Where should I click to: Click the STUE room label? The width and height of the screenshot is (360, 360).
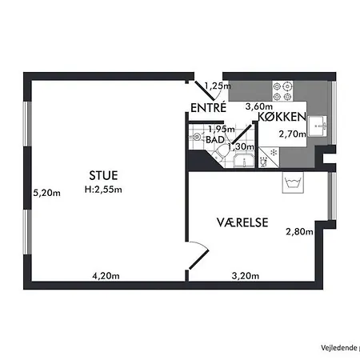click(103, 175)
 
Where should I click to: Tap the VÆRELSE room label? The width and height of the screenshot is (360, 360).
click(242, 222)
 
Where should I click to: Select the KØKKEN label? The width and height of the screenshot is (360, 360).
click(282, 117)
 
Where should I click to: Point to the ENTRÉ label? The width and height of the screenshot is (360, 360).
click(208, 108)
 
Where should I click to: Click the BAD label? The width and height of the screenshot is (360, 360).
click(215, 140)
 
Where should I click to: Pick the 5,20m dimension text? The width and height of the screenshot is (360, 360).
click(46, 193)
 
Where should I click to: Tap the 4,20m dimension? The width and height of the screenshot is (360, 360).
click(106, 276)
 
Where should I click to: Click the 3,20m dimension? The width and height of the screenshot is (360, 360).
click(246, 276)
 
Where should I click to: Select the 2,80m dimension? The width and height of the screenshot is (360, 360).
click(299, 231)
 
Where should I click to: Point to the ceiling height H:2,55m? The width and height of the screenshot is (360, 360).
click(103, 190)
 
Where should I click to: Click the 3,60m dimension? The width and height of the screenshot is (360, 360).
click(259, 106)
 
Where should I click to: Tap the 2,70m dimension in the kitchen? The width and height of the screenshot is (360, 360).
click(293, 134)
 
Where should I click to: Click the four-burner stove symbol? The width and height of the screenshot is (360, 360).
click(282, 91)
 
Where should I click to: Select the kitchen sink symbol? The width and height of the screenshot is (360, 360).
click(317, 126)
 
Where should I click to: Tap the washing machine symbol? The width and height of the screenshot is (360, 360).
click(293, 182)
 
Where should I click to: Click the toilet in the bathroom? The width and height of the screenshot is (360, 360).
click(221, 154)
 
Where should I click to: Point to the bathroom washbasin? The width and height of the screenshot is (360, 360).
click(244, 161)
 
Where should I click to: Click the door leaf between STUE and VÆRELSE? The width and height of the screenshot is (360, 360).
click(198, 259)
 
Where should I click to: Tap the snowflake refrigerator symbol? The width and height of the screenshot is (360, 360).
click(274, 153)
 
